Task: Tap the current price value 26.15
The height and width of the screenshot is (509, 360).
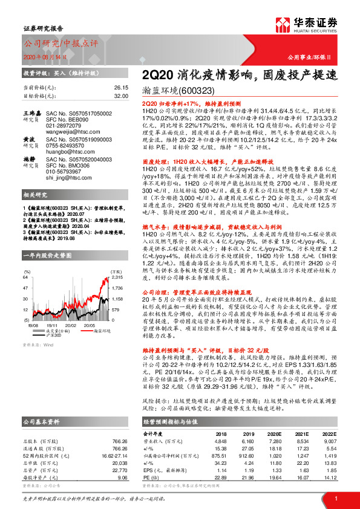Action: [x=121, y=88]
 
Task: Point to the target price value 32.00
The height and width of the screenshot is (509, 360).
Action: [x=121, y=96]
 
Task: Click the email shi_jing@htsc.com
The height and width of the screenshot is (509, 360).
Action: [x=65, y=178]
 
